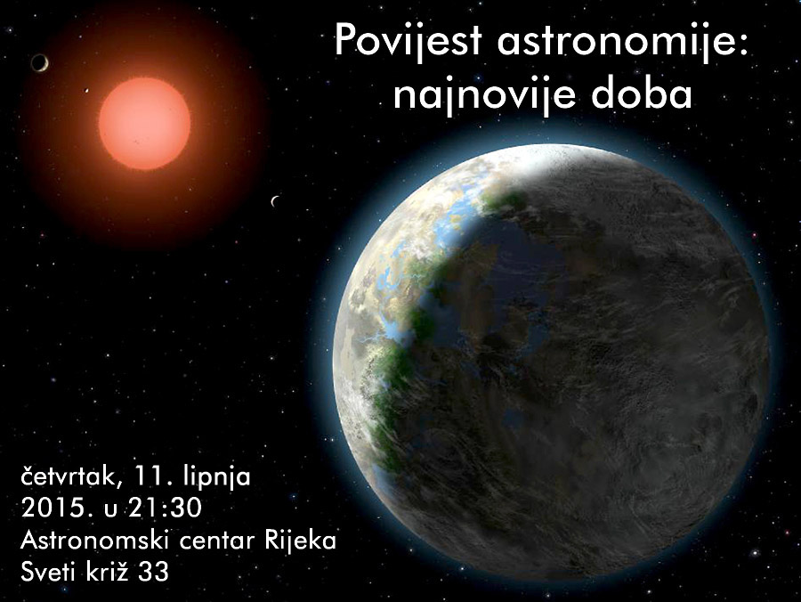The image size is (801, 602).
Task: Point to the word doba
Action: (x=647, y=94)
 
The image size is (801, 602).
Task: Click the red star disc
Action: (x=144, y=122)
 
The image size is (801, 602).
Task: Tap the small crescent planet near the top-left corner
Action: (x=38, y=62)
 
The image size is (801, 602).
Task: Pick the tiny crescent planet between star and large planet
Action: (x=274, y=201)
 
